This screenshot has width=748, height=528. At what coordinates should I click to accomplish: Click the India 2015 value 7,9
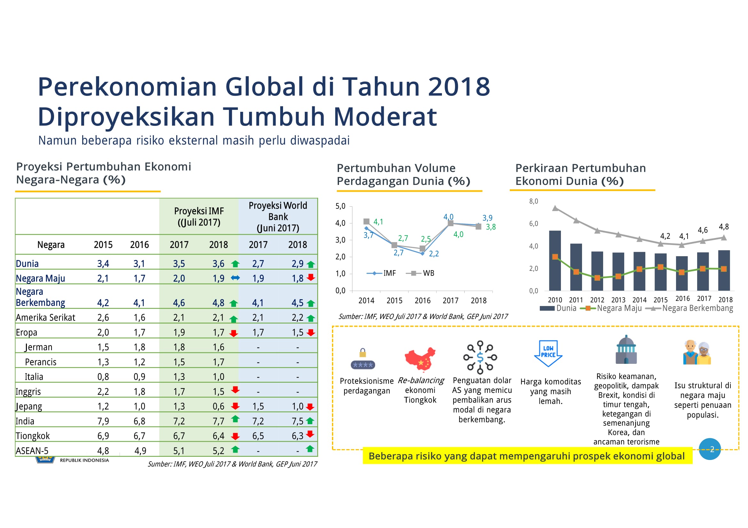tap(103, 421)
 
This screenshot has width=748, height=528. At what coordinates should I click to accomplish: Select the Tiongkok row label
tap(33, 436)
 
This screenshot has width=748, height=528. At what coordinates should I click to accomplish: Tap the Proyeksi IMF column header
tap(199, 217)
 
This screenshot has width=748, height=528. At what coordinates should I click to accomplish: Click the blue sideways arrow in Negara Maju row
tap(235, 278)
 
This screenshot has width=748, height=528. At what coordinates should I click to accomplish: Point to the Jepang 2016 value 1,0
tap(139, 406)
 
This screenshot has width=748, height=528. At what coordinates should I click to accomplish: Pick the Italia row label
tap(34, 377)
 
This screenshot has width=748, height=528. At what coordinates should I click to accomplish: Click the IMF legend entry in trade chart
tap(381, 273)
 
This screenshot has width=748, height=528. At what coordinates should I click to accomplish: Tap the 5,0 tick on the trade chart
tap(341, 206)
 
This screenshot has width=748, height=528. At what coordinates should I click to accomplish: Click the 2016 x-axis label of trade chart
tap(422, 301)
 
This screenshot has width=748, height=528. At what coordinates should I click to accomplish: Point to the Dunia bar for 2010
tap(555, 261)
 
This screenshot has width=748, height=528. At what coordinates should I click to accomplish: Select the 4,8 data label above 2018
tap(724, 227)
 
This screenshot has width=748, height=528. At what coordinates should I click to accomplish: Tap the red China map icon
tap(420, 359)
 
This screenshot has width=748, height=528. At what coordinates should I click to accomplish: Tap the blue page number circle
tap(710, 449)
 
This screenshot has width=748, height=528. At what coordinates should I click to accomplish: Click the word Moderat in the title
tap(385, 117)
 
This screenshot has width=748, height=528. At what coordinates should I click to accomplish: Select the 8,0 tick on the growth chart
tap(534, 201)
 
